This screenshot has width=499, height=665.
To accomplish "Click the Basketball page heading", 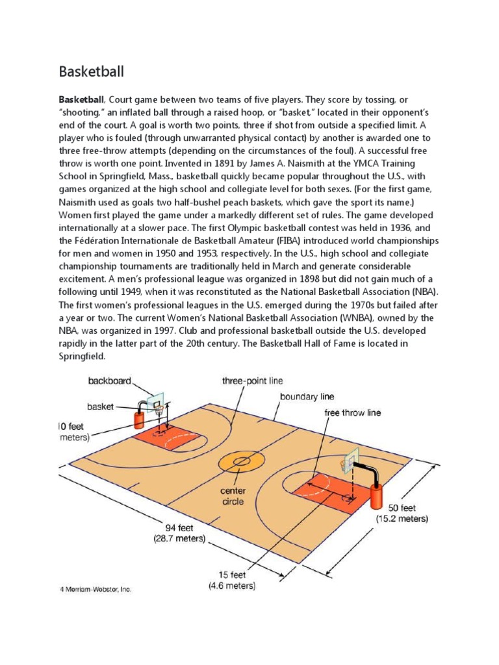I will coord(91,70).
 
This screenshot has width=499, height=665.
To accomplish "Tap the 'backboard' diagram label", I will coord(110,381).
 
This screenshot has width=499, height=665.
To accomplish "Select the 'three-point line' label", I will coord(252,381).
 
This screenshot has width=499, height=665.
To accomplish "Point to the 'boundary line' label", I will coord(307,395).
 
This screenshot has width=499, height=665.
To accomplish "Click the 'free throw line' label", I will coord(353,412).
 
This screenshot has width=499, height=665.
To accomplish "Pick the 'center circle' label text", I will coord(233,496).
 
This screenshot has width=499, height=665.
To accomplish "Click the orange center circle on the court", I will coord(241,462).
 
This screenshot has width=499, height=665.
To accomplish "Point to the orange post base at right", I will coord(376,497).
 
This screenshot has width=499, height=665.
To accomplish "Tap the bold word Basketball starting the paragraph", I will coord(81,101).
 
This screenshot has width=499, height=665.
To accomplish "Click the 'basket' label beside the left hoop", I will coord(101,407).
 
